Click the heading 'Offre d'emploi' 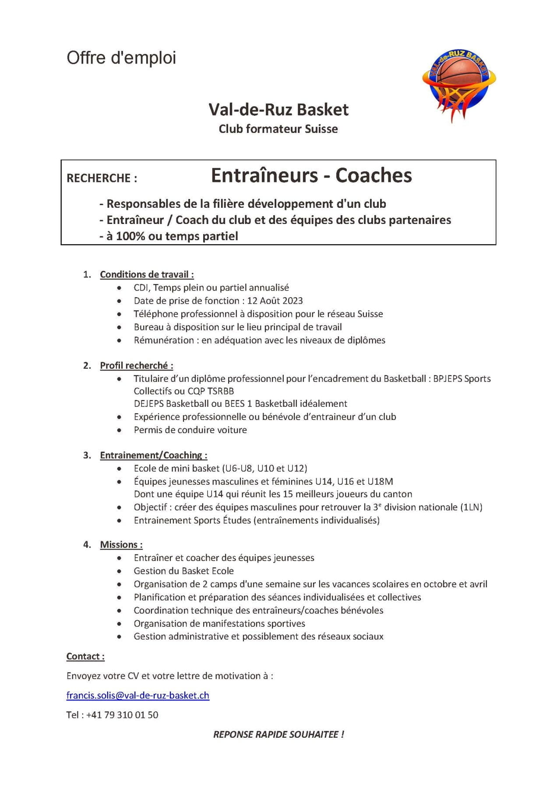121,58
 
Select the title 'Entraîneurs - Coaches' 311,175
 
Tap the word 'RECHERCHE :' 102,178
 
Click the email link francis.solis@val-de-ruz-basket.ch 137,695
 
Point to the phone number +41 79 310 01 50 122,715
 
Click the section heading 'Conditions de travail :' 147,274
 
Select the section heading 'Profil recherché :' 137,366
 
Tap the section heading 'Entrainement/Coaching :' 153,455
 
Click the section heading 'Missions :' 121,544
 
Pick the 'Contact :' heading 85,656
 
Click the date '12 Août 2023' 275,301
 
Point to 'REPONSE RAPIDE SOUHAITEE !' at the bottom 278,734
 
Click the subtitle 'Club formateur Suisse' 278,129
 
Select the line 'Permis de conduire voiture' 190,430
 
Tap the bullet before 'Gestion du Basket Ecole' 119,571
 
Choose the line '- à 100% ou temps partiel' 169,236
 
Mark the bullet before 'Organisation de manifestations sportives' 119,624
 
